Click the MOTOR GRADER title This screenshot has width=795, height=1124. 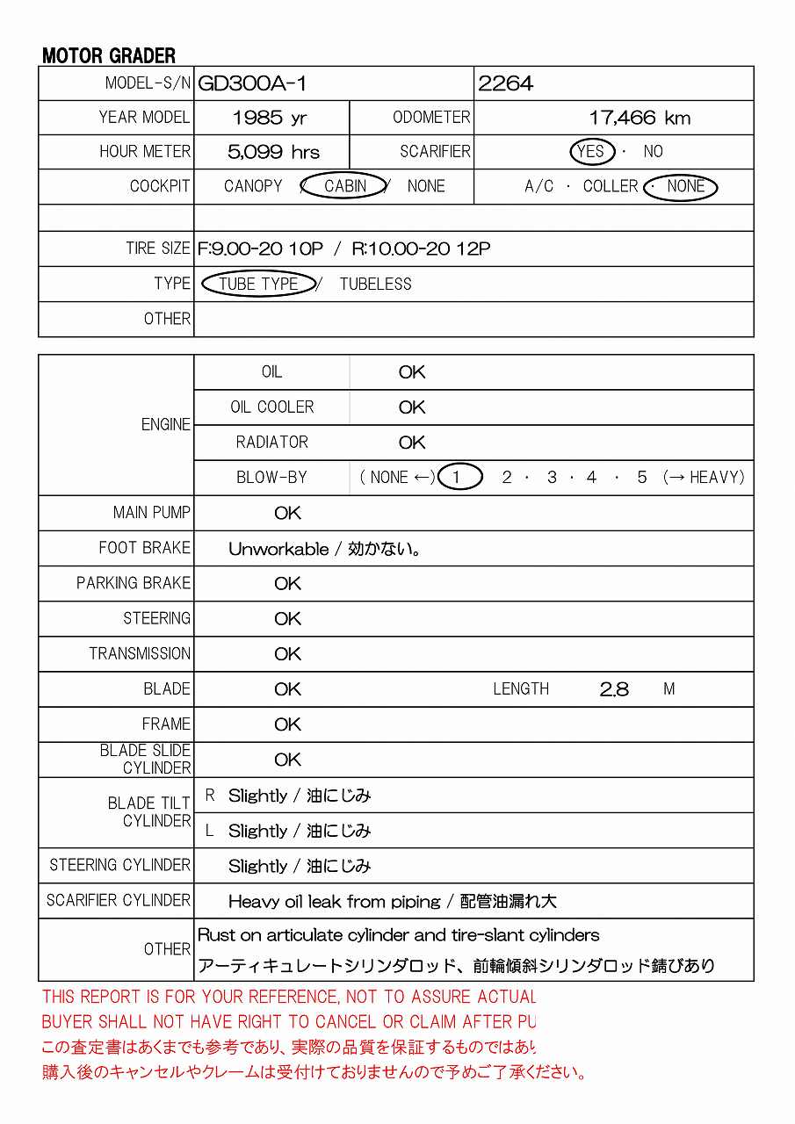tap(109, 56)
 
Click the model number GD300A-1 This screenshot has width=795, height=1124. tap(252, 83)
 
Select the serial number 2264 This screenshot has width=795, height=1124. tap(505, 83)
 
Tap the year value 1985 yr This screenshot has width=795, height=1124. tap(270, 118)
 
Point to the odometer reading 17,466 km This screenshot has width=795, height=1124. tap(639, 118)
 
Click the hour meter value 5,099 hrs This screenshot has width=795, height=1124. tap(273, 152)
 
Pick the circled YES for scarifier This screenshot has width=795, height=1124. tap(591, 152)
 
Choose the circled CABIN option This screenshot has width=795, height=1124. tap(345, 186)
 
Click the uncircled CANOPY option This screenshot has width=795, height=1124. tap(253, 186)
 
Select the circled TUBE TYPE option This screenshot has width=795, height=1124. tap(258, 284)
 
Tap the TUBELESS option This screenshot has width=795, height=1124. tap(375, 284)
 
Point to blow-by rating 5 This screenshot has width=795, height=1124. tap(642, 478)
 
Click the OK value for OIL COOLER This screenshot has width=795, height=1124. tap(411, 407)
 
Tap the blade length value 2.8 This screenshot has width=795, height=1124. tap(614, 689)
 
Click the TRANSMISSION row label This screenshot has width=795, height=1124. tap(140, 654)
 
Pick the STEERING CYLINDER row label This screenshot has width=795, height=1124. tap(119, 865)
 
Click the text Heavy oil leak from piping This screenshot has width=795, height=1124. tap(334, 902)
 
